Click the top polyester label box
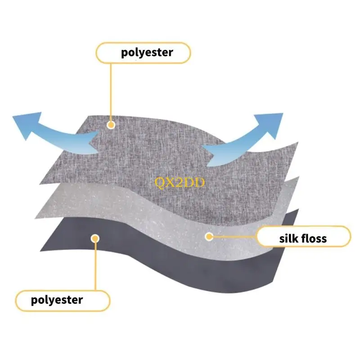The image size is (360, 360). click(143, 53)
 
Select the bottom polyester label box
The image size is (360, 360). click(63, 301)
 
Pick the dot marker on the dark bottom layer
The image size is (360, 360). click(95, 238)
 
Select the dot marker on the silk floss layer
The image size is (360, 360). click(208, 236)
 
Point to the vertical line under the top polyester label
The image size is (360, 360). click(111, 90)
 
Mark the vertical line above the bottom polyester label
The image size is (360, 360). click(95, 265)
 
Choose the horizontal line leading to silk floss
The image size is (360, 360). click(234, 236)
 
